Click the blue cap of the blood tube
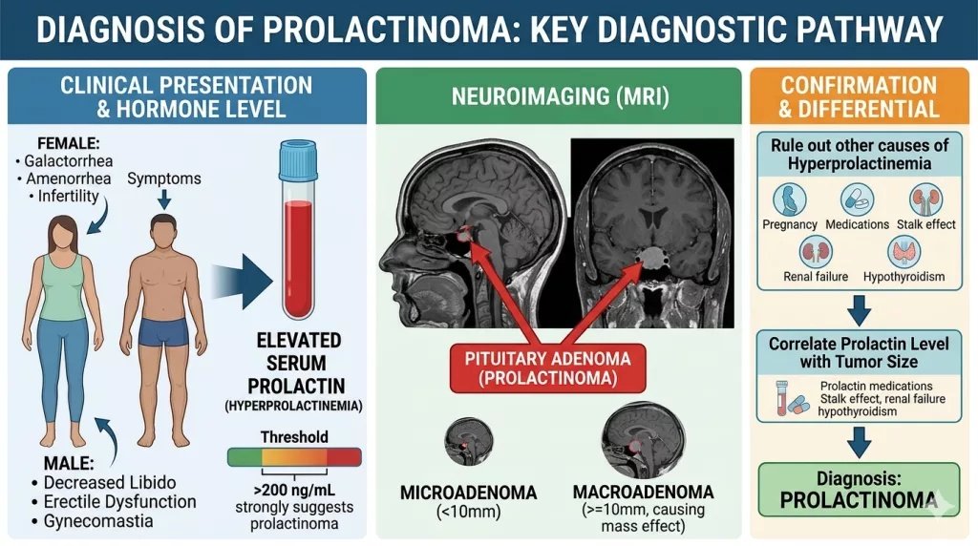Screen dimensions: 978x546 pyautogui.click(x=298, y=159)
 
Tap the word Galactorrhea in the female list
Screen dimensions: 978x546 pyautogui.click(x=69, y=160)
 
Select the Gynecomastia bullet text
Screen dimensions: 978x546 pyautogui.click(x=98, y=521)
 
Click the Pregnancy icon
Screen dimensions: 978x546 pyautogui.click(x=789, y=199)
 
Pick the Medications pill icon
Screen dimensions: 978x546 pyautogui.click(x=857, y=199)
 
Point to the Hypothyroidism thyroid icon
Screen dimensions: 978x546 pyautogui.click(x=904, y=252)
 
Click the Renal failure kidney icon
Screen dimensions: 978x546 pyautogui.click(x=816, y=252)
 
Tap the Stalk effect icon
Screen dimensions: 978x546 pyautogui.click(x=925, y=199)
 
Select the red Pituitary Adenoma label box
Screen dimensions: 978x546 pyautogui.click(x=547, y=368)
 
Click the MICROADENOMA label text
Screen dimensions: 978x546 pyautogui.click(x=468, y=493)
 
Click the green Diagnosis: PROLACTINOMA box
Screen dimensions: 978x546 pyautogui.click(x=859, y=490)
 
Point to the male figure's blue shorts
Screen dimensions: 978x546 pyautogui.click(x=163, y=331)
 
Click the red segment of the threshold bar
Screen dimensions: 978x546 pyautogui.click(x=344, y=457)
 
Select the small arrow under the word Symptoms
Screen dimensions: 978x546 pyautogui.click(x=164, y=199)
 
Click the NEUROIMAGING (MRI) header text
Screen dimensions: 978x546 pyautogui.click(x=560, y=96)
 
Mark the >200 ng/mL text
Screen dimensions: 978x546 pyautogui.click(x=294, y=490)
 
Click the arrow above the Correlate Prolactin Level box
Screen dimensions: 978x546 pyautogui.click(x=859, y=310)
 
